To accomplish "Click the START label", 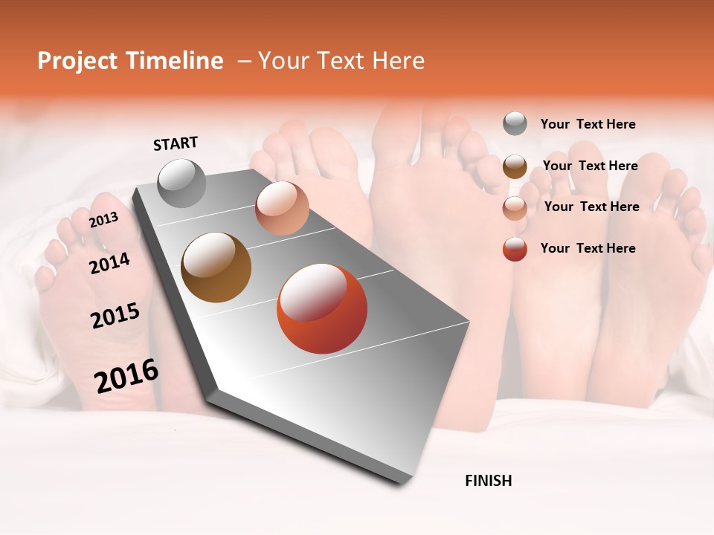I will click(176, 143).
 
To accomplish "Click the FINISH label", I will click(488, 481).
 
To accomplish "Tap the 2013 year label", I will click(103, 219).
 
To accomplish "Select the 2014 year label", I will click(109, 263).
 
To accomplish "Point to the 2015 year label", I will click(115, 316).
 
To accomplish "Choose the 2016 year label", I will click(126, 376).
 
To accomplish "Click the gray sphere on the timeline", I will click(182, 183).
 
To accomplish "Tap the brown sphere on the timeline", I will click(216, 267).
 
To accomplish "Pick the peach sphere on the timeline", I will click(282, 208).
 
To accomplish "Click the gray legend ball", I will click(515, 123).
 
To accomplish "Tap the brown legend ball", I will click(515, 166).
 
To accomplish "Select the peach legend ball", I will click(515, 208).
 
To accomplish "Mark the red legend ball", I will click(515, 249).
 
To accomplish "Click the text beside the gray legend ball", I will click(588, 124).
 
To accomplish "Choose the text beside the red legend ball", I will click(588, 248).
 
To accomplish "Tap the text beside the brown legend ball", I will click(590, 166).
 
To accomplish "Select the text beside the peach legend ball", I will click(591, 207).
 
